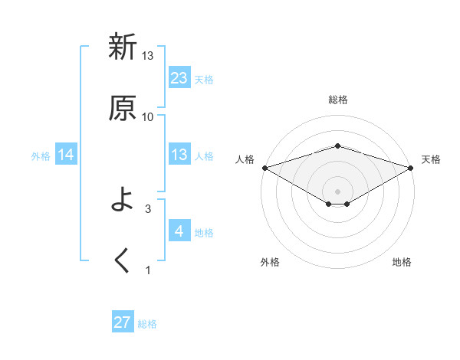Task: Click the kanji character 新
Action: click(123, 47)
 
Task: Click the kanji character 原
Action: click(123, 108)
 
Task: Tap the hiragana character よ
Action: click(123, 201)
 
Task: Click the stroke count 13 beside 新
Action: click(148, 56)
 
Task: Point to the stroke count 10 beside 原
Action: click(148, 117)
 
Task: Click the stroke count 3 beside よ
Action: click(148, 208)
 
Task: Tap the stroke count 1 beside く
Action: click(148, 270)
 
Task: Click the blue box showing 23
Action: click(179, 78)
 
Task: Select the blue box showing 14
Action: click(66, 155)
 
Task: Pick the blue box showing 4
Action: click(179, 231)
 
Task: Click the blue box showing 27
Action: click(123, 322)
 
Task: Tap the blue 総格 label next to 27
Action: click(147, 324)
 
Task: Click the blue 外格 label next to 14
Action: click(41, 156)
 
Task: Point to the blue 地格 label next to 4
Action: click(204, 233)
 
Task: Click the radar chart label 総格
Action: click(337, 100)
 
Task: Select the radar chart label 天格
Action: click(431, 159)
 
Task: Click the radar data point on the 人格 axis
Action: click(264, 167)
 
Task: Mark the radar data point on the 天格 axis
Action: click(411, 167)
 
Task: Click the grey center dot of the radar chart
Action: click(337, 191)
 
